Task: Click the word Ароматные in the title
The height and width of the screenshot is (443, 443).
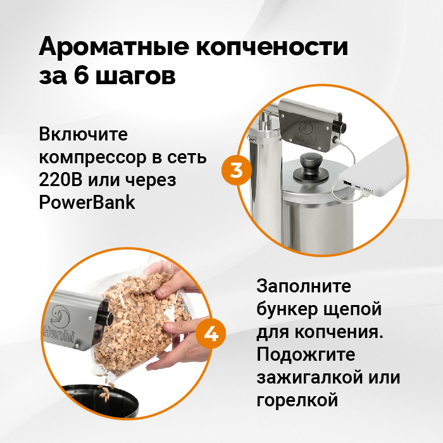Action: click(x=113, y=47)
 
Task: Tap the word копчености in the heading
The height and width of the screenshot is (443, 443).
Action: click(x=272, y=47)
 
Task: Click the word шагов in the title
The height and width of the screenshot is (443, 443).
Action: click(x=135, y=77)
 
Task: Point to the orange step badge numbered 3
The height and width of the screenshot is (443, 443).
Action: click(x=237, y=170)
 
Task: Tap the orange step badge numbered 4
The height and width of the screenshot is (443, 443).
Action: click(x=211, y=334)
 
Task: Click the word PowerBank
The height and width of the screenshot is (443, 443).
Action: click(x=87, y=203)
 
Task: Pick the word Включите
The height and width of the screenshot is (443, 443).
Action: click(x=83, y=134)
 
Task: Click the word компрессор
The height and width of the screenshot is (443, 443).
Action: click(x=92, y=158)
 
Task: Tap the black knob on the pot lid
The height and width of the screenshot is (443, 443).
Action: click(x=311, y=167)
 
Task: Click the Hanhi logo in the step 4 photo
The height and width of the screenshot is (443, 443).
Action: click(x=59, y=324)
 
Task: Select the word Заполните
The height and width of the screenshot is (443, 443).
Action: click(x=304, y=286)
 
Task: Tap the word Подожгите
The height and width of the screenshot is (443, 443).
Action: click(x=306, y=354)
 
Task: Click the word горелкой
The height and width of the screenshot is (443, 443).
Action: click(x=297, y=401)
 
